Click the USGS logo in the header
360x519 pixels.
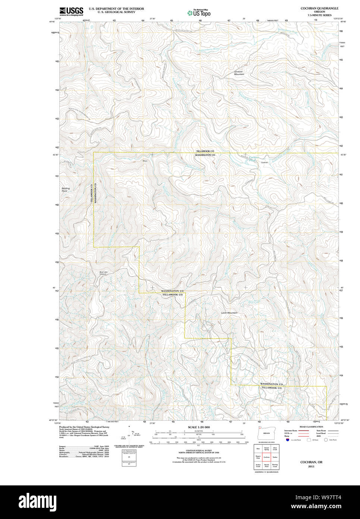[x=71, y=11]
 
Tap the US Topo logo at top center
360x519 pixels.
[x=199, y=13]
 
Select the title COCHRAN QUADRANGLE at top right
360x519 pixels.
[x=319, y=8]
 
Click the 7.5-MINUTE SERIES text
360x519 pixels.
[x=319, y=15]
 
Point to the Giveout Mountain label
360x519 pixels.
[x=239, y=73]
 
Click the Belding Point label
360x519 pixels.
[x=66, y=190]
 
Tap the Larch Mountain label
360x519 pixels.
[x=229, y=313]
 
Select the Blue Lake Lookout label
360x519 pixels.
[x=103, y=273]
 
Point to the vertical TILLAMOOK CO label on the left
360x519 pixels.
[x=91, y=193]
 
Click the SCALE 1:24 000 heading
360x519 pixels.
[x=198, y=427]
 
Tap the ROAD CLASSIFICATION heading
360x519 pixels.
[x=311, y=427]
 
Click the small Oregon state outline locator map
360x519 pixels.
[x=265, y=433]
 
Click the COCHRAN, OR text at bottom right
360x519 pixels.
[x=311, y=462]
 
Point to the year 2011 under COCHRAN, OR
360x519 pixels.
[x=311, y=466]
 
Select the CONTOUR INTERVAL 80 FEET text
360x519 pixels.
[x=198, y=450]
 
